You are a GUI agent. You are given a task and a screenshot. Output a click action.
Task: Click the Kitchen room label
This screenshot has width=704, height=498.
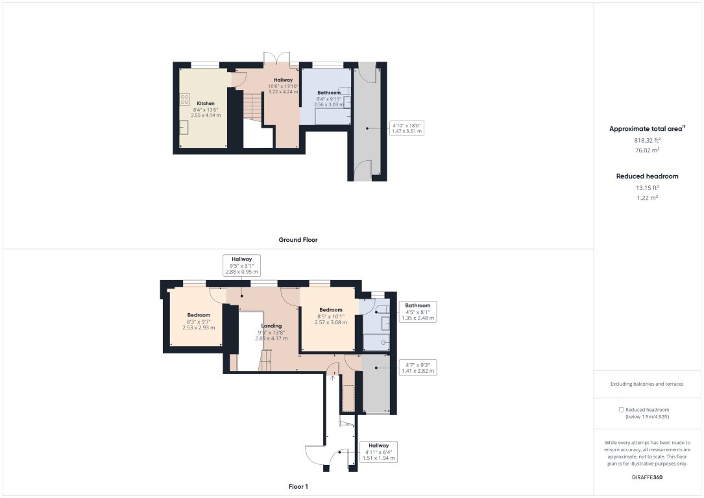[206, 104]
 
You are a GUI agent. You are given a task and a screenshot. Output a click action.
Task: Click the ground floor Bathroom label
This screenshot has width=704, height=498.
[329, 93]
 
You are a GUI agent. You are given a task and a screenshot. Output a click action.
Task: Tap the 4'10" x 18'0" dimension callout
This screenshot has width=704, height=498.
[407, 128]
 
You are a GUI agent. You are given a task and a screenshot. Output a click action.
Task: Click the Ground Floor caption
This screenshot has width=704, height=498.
[298, 240]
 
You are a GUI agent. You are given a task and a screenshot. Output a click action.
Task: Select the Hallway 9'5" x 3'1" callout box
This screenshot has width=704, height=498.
[242, 266]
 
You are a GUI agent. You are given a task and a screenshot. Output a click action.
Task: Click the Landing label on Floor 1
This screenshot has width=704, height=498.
[271, 326]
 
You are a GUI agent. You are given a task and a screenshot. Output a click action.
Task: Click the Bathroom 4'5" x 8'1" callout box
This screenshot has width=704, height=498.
[418, 312]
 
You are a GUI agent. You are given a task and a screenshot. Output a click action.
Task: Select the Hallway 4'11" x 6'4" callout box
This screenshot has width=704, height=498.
[379, 452]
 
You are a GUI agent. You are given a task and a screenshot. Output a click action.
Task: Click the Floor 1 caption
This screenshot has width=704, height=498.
[298, 486]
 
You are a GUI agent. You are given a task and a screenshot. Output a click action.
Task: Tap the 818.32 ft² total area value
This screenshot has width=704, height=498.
[648, 140]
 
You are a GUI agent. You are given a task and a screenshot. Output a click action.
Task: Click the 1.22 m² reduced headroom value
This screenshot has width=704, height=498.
[647, 198]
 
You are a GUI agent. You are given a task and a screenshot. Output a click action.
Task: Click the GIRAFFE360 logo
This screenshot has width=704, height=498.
[648, 477]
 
